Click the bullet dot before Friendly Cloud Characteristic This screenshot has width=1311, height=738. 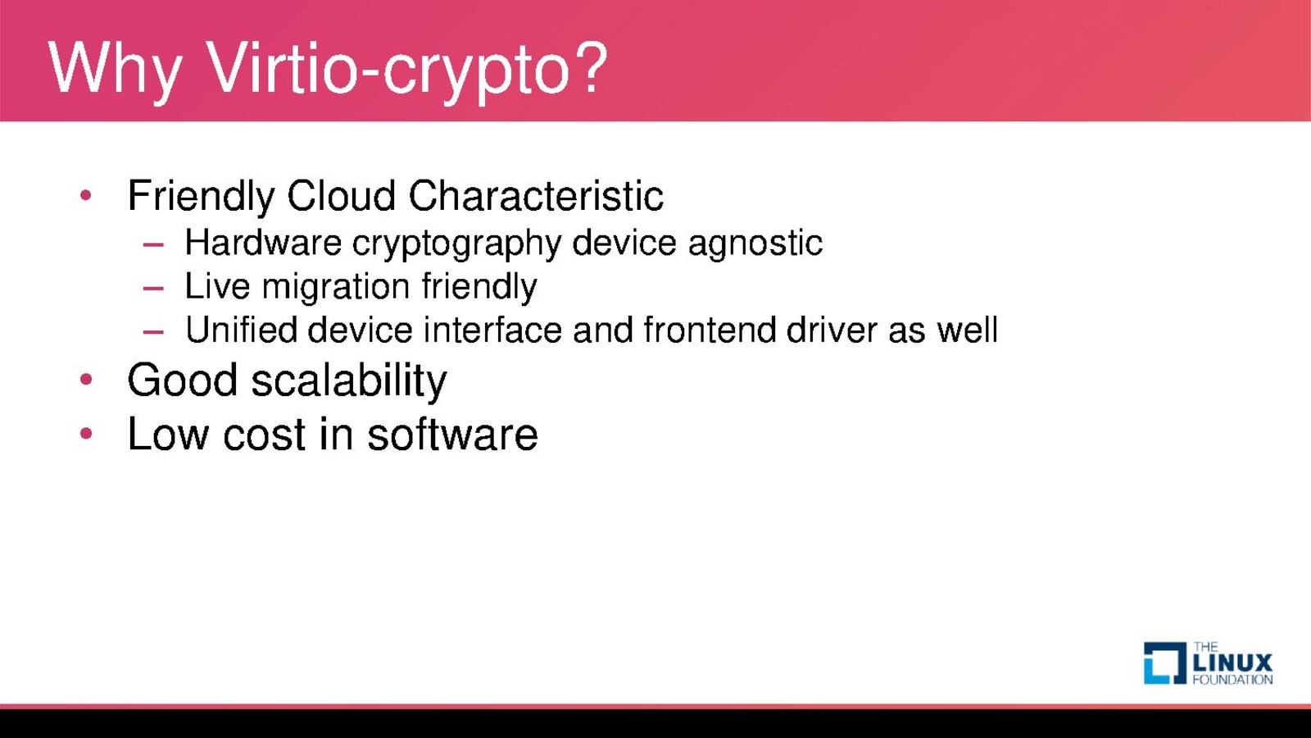pyautogui.click(x=86, y=195)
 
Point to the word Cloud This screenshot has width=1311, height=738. pyautogui.click(x=341, y=195)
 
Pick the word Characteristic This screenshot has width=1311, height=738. pyautogui.click(x=536, y=195)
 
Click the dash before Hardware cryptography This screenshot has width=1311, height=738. pyautogui.click(x=153, y=244)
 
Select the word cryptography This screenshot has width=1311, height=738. pyautogui.click(x=456, y=244)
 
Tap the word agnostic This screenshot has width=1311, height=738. pyautogui.click(x=755, y=244)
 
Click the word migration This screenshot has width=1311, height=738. pyautogui.click(x=335, y=288)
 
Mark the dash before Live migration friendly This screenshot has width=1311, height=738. pyautogui.click(x=153, y=288)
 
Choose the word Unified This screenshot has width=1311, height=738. pyautogui.click(x=241, y=330)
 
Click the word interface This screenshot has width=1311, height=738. pyautogui.click(x=492, y=330)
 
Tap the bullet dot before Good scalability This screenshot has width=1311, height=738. pyautogui.click(x=86, y=380)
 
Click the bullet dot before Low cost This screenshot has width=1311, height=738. pyautogui.click(x=86, y=434)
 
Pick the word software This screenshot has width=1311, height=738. pyautogui.click(x=452, y=434)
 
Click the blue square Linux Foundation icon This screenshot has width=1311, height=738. pyautogui.click(x=1165, y=663)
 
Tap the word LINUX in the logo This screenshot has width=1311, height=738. pyautogui.click(x=1232, y=663)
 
